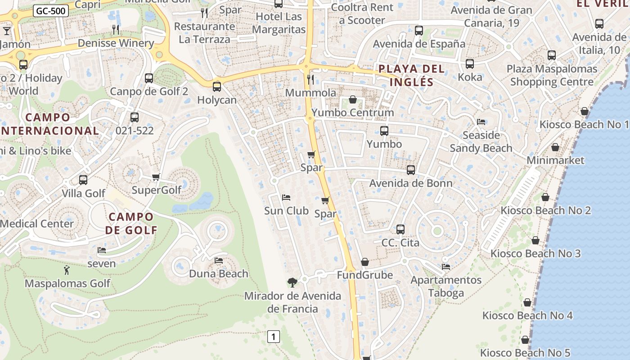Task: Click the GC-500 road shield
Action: click(x=50, y=11)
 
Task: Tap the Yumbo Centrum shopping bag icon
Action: click(x=353, y=99)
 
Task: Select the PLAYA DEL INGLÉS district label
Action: click(x=411, y=75)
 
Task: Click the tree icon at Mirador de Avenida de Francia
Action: click(x=292, y=283)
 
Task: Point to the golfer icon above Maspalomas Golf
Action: click(x=67, y=270)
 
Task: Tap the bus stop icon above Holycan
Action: click(x=217, y=86)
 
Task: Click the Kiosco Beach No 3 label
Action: click(x=535, y=253)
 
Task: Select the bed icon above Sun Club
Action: click(x=286, y=197)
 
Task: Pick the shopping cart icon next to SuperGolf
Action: click(x=156, y=177)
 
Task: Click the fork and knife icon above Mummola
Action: click(x=310, y=80)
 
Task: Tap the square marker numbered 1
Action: click(x=273, y=336)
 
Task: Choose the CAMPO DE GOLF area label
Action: click(x=131, y=223)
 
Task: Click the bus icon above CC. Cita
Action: click(x=400, y=229)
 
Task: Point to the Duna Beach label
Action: click(x=218, y=274)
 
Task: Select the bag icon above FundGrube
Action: click(x=365, y=262)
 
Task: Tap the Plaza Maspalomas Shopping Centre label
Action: click(x=552, y=75)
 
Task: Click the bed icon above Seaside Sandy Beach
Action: click(x=481, y=122)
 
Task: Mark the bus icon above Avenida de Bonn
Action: click(x=411, y=170)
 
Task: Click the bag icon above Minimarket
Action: click(x=555, y=147)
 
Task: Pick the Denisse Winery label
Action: click(x=116, y=43)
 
